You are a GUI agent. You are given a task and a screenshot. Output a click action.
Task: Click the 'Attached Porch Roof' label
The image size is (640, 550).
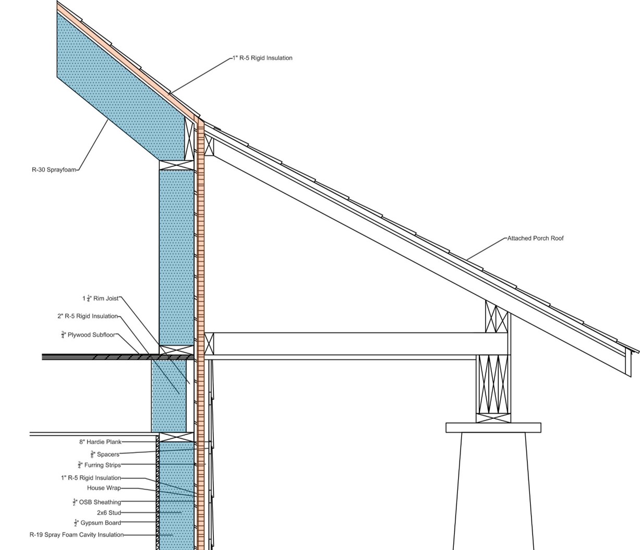tap(535, 238)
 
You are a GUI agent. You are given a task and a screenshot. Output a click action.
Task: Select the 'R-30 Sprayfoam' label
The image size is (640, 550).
tap(54, 170)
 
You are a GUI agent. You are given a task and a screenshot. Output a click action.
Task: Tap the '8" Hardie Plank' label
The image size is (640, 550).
tap(100, 442)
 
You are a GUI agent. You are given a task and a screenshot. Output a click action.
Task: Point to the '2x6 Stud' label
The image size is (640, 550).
tap(108, 513)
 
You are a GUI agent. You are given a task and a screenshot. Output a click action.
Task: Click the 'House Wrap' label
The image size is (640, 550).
tap(104, 488)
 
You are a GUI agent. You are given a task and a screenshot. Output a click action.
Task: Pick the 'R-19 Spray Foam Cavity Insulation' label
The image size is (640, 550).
tap(77, 535)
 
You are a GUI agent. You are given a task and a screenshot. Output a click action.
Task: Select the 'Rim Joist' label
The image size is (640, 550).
tap(101, 298)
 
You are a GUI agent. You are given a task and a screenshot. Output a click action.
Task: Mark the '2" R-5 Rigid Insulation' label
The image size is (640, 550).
tap(88, 316)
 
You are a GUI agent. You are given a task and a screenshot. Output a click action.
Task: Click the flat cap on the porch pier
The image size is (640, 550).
tap(493, 428)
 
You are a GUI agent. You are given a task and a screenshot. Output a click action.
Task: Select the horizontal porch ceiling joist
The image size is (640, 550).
tap(360, 344)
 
